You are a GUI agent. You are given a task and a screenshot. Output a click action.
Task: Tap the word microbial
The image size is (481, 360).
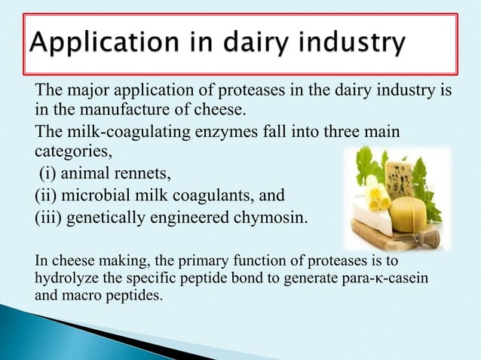tap(96, 197)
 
